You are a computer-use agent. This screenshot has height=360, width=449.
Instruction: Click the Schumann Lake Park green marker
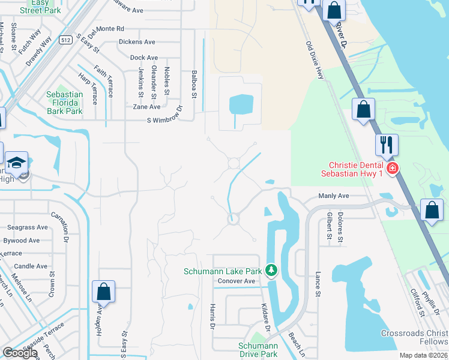(271, 271)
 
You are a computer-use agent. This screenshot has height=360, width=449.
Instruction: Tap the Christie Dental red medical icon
(393, 169)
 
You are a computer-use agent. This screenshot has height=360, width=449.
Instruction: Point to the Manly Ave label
(334, 196)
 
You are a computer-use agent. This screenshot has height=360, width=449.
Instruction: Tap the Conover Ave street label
(237, 281)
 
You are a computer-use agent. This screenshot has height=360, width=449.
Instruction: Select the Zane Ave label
(146, 107)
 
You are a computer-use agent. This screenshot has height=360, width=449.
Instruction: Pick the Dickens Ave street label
(137, 42)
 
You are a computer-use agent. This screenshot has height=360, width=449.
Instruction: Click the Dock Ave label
(143, 58)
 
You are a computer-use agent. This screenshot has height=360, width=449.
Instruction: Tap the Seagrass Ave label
(28, 227)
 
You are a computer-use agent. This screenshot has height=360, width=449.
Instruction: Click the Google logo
(20, 353)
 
